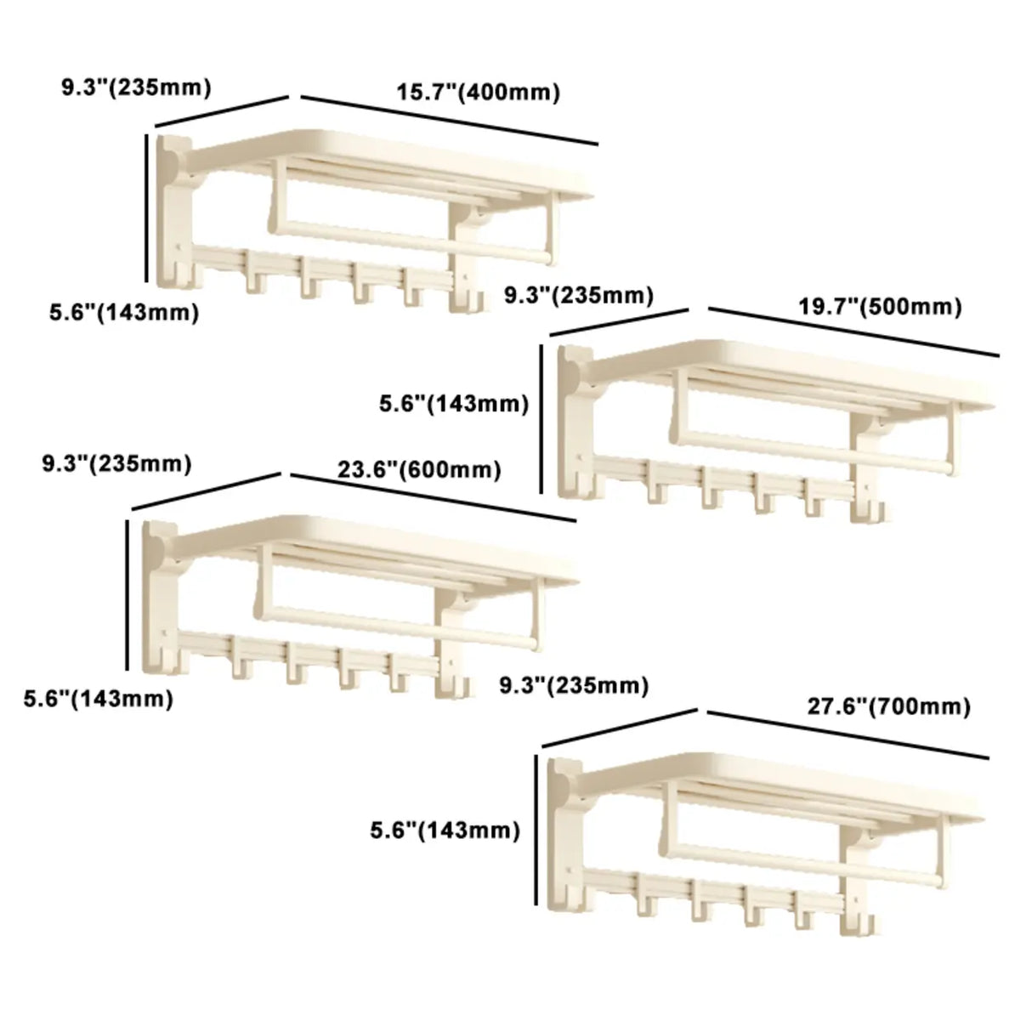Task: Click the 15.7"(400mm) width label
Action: click(479, 93)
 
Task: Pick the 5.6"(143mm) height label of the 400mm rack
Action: click(123, 312)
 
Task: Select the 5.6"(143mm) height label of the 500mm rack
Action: click(454, 405)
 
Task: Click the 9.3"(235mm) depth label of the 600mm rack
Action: click(116, 464)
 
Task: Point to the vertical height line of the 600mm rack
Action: click(128, 595)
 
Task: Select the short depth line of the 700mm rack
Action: click(620, 723)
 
